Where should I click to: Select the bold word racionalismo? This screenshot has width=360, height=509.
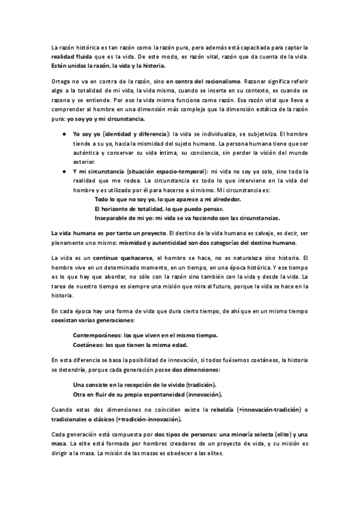pos(221,80)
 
